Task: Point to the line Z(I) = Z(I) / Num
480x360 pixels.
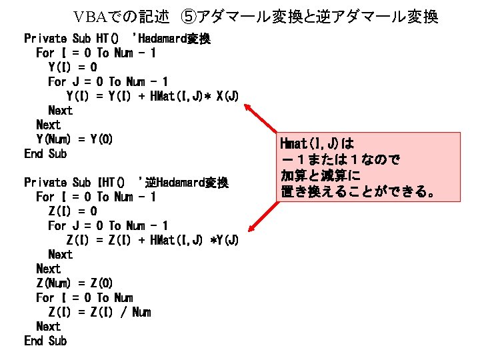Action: tap(99, 312)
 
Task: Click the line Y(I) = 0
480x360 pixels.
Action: tap(73, 67)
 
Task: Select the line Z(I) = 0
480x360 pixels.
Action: tap(73, 211)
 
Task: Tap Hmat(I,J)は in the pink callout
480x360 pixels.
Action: tap(317, 143)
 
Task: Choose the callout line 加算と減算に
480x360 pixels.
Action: tap(320, 177)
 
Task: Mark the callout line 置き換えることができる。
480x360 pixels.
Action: tap(357, 193)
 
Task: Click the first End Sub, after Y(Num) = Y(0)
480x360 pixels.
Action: tap(45, 154)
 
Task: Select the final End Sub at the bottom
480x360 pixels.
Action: tap(45, 341)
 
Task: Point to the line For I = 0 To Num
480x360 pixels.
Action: tap(84, 298)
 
